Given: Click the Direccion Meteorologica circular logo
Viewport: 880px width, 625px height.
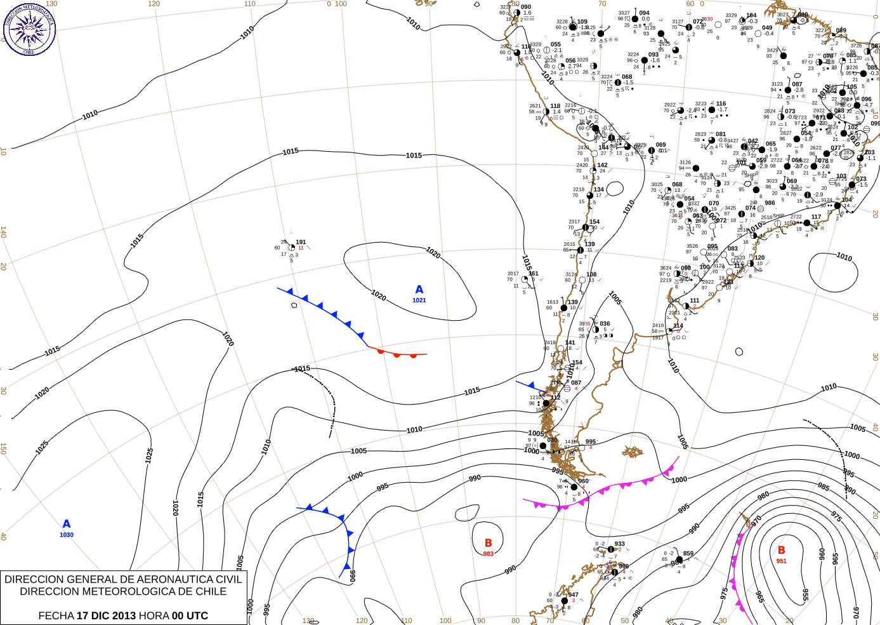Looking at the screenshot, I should pos(29,29).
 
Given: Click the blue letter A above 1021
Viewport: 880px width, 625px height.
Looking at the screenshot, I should pos(419,290).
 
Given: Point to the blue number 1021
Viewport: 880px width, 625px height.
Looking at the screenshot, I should pos(419,300).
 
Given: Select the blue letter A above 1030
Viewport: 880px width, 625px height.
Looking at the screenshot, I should pos(67,524).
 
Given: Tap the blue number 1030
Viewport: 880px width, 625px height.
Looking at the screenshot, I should pos(67,535).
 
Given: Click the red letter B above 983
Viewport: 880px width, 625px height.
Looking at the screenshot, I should pos(489,543).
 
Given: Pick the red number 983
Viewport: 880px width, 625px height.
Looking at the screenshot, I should pos(488,554).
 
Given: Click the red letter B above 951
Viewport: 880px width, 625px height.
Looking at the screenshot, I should pos(782,550).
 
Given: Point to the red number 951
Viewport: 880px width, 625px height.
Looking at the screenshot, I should pos(782,561).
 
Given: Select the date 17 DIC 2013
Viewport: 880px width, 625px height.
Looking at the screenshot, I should pos(106,615).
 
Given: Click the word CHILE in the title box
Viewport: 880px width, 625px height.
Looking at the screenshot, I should pos(211,591).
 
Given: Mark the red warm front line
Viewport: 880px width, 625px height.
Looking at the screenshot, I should pos(400,353).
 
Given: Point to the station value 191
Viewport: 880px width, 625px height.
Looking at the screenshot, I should pos(301,242).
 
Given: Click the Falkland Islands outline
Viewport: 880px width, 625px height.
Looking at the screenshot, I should pos(633,452).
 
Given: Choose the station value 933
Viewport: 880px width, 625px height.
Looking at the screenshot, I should pos(619,544).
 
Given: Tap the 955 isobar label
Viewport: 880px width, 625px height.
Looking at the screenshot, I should pos(805,595).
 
